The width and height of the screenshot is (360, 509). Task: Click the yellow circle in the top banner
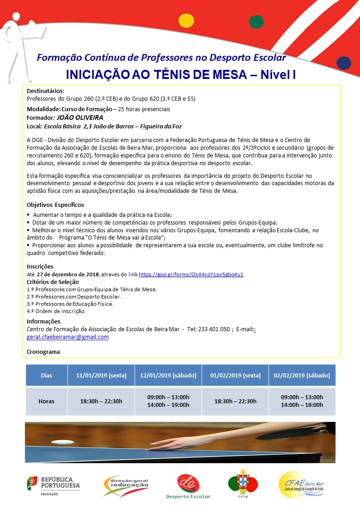[186, 20]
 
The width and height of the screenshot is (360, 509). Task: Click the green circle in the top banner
[256, 21]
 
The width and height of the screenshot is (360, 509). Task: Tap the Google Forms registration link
[191, 274]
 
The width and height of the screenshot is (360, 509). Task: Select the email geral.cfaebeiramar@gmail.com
[68, 337]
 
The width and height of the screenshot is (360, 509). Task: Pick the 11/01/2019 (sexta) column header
[101, 376]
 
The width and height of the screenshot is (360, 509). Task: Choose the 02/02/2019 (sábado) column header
[302, 376]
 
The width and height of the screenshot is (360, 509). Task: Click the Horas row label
[46, 401]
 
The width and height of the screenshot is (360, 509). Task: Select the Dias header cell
[46, 376]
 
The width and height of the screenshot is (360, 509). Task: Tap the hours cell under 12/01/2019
[168, 401]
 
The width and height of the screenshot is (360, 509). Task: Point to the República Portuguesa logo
[54, 486]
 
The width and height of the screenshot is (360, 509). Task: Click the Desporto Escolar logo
[188, 486]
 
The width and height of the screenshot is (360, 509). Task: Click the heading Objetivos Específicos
[55, 205]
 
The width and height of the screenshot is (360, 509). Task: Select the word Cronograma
[43, 352]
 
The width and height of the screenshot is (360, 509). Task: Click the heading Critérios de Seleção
[53, 282]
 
